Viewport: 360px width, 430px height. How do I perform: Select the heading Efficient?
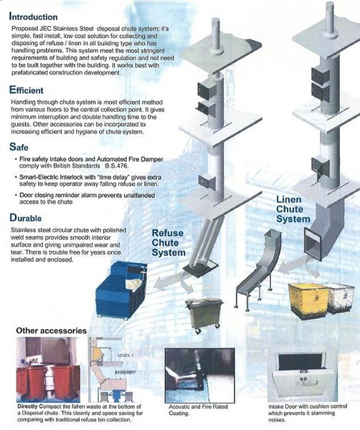(31, 90)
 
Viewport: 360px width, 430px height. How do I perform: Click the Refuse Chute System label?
(169, 243)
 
